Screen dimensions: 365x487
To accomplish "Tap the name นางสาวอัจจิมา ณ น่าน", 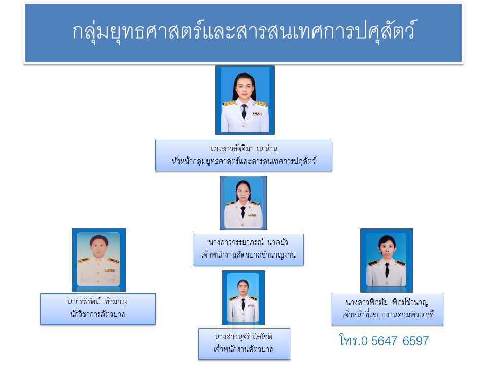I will click(x=244, y=149).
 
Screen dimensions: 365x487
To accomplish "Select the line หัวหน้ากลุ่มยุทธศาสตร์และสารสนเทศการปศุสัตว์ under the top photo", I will click(x=244, y=162).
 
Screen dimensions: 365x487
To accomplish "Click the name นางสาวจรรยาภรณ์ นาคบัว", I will click(x=249, y=242).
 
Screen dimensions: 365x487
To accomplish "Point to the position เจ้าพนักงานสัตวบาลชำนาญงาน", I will click(x=249, y=255).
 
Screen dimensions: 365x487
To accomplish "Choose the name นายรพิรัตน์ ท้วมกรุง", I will click(x=97, y=302).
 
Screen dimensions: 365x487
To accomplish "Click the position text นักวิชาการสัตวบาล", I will click(x=97, y=314).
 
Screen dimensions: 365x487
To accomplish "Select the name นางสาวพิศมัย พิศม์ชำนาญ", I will click(x=388, y=302).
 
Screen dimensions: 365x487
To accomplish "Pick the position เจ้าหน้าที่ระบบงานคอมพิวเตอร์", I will click(x=388, y=315).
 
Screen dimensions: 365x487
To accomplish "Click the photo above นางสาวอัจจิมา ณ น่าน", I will click(x=245, y=100).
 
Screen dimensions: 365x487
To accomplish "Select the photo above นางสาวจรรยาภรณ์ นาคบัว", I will click(x=243, y=202).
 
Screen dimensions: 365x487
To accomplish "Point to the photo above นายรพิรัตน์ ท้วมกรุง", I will click(x=98, y=260).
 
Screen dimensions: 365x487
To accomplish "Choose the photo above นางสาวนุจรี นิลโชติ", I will click(x=243, y=298).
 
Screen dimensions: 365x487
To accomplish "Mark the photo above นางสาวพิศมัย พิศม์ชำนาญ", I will click(x=387, y=260).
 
